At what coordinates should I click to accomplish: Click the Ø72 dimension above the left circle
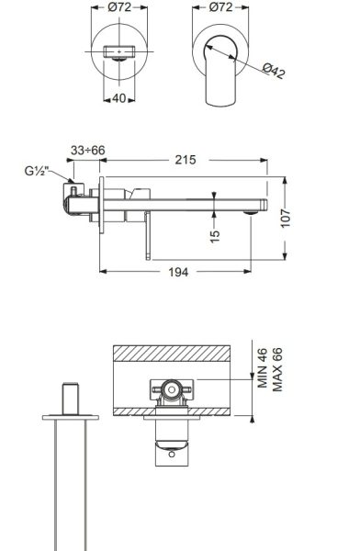(x=119, y=7)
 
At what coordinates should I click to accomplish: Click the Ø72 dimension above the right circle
(x=220, y=7)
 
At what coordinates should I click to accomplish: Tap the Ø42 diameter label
(x=274, y=71)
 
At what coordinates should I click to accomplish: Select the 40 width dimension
(x=119, y=99)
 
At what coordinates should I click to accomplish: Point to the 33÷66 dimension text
(x=88, y=151)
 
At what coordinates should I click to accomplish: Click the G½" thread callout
(x=36, y=171)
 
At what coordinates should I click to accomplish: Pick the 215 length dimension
(x=186, y=160)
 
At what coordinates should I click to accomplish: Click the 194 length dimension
(x=178, y=272)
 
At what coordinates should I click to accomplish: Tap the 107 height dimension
(x=286, y=219)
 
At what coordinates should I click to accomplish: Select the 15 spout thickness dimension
(x=215, y=235)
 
